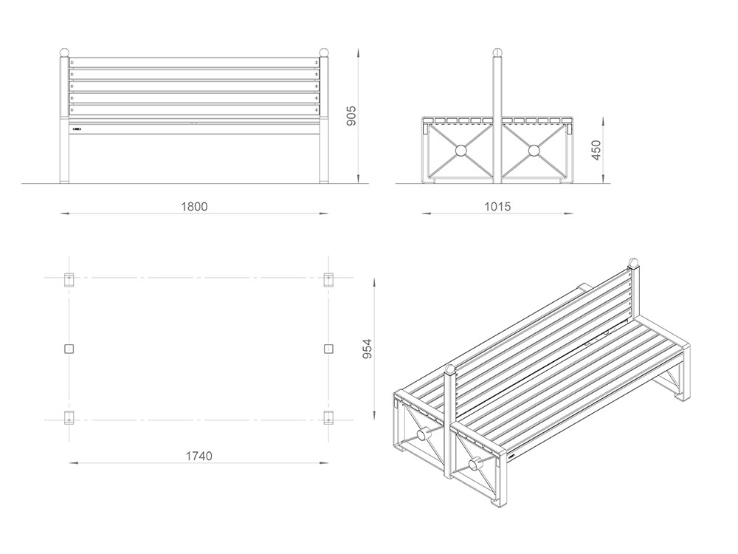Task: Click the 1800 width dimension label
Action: [x=194, y=207]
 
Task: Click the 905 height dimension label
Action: [x=351, y=116]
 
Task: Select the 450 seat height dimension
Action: [x=596, y=150]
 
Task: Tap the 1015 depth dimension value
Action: [x=497, y=207]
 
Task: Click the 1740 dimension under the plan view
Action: [x=199, y=456]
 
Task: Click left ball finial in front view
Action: [x=64, y=52]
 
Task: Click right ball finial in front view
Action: [x=323, y=52]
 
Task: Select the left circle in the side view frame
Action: [x=461, y=151]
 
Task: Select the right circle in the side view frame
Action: [x=534, y=151]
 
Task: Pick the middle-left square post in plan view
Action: [x=69, y=349]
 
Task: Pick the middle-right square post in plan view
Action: [x=328, y=349]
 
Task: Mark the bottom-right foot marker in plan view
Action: [x=328, y=417]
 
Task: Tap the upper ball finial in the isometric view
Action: [x=632, y=263]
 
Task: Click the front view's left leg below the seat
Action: [x=64, y=159]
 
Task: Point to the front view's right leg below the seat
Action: [x=323, y=159]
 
